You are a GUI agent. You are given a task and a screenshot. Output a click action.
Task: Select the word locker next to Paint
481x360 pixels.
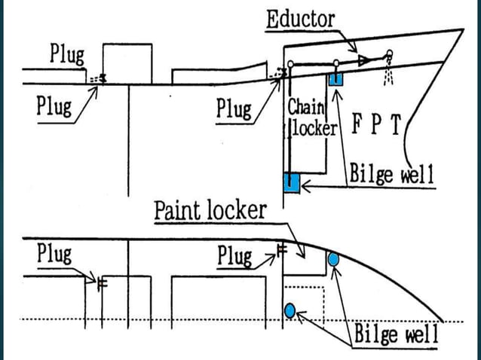point(238,209)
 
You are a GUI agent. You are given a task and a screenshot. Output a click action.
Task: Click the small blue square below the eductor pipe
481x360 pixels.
point(335,78)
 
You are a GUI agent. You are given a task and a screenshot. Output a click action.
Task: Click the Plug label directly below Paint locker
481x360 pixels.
point(234,256)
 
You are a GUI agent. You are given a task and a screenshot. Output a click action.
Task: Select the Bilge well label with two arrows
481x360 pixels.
point(396,332)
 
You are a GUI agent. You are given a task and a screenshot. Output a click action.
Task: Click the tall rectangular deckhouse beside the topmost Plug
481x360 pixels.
point(127,63)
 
